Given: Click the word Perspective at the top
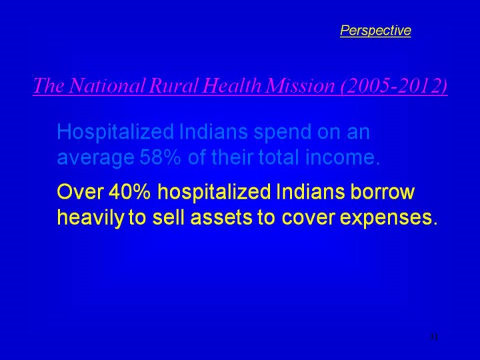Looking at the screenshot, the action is pos(375,31).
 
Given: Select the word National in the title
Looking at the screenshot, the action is pos(107,85).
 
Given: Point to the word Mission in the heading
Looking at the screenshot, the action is pos(300,85).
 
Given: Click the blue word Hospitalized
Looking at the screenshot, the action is pos(116,132).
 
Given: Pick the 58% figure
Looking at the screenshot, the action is pos(161,157).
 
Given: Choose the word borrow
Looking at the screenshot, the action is pos(382,192).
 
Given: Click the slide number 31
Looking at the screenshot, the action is pos(433,337).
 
